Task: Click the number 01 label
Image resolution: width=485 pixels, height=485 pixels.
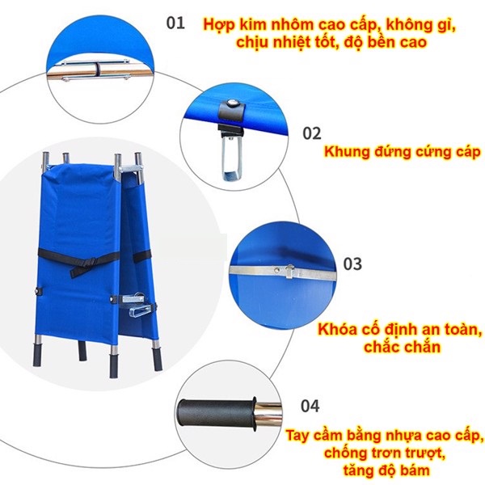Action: coord(176,22)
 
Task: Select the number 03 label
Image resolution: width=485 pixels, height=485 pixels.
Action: coord(352,264)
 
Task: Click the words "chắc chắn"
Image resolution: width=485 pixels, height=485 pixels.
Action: coord(398,348)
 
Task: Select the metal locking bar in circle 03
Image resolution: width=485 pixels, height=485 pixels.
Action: coord(279,272)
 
